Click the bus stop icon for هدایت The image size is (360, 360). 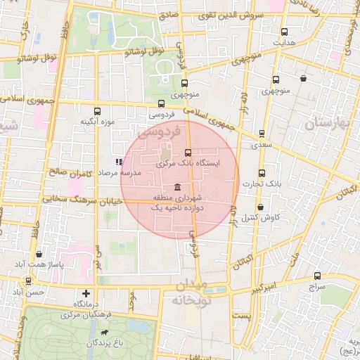(x=284, y=32)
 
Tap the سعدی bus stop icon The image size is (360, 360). (x=262, y=133)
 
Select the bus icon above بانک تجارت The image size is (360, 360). (x=262, y=173)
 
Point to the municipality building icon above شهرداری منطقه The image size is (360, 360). (x=175, y=187)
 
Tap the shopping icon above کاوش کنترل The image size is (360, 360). (x=261, y=207)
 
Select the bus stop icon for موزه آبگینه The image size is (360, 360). (x=97, y=110)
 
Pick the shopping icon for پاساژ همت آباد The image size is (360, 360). (x=38, y=254)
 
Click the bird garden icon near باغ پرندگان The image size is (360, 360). (x=105, y=332)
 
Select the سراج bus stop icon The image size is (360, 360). (x=317, y=276)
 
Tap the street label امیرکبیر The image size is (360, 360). (x=269, y=288)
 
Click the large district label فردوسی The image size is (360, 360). (x=160, y=131)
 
